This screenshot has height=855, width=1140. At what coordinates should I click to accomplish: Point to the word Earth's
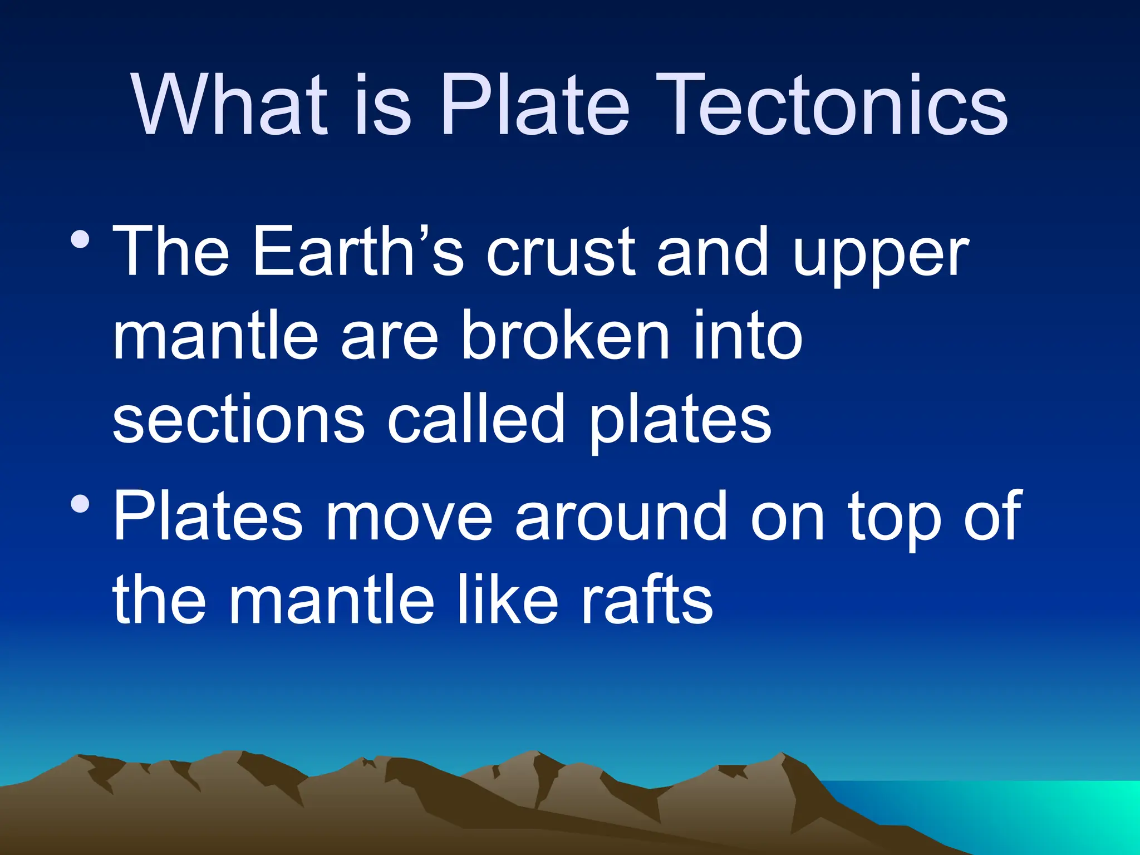(x=358, y=252)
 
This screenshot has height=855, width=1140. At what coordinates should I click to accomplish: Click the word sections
(x=239, y=420)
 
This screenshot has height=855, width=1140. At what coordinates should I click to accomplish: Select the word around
(x=621, y=516)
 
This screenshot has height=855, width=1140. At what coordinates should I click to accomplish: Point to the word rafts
(x=647, y=600)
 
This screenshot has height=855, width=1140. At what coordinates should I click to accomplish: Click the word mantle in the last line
(x=332, y=600)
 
